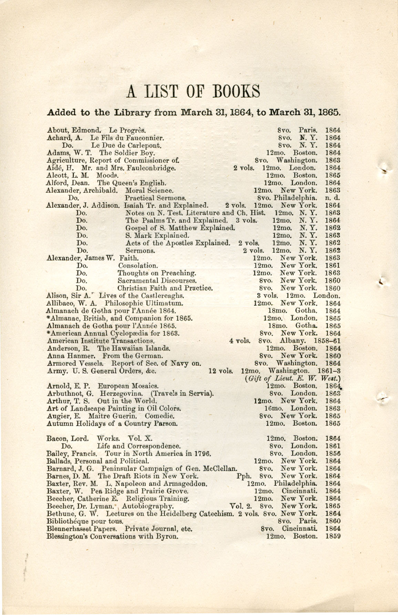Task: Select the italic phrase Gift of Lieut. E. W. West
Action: tap(293, 378)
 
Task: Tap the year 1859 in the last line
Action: tap(333, 536)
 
